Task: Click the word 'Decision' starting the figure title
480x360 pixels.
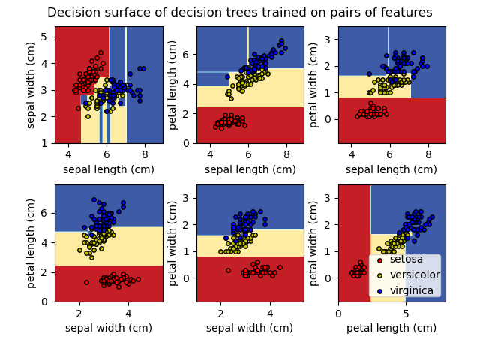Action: pyautogui.click(x=73, y=13)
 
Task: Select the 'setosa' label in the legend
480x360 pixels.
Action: pyautogui.click(x=406, y=259)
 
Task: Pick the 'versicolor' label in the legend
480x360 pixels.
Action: pyautogui.click(x=414, y=274)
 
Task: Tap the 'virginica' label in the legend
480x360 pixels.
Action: pyautogui.click(x=411, y=290)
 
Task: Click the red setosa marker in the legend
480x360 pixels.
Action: pyautogui.click(x=379, y=260)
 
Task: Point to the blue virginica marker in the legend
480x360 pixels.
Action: pyautogui.click(x=379, y=291)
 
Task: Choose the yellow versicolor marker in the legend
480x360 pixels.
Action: pyautogui.click(x=379, y=275)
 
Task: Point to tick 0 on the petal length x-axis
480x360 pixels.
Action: pyautogui.click(x=338, y=313)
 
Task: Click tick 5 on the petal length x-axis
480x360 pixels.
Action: pyautogui.click(x=406, y=313)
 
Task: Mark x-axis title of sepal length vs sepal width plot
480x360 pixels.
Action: pyautogui.click(x=108, y=169)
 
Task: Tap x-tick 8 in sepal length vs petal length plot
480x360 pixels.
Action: pyautogui.click(x=286, y=154)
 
